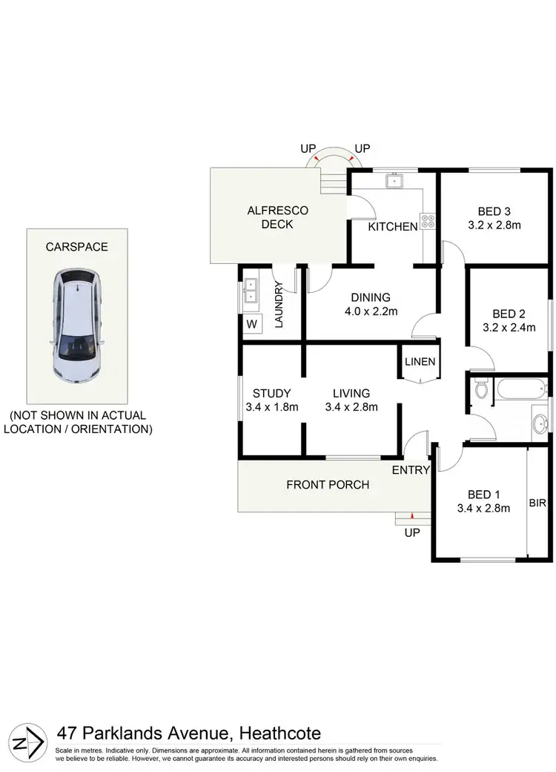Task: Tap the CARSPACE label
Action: click(76, 247)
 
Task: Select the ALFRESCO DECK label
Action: click(277, 217)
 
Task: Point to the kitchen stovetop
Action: click(428, 221)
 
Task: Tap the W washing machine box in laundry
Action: click(251, 324)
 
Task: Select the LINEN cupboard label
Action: click(420, 362)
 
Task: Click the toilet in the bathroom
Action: click(480, 388)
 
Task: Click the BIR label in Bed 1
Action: click(538, 503)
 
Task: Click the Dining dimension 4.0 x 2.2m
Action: click(371, 311)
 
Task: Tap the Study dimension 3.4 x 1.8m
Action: click(271, 406)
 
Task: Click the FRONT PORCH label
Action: click(328, 485)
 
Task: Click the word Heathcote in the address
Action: click(279, 733)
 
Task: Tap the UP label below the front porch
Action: click(412, 532)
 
